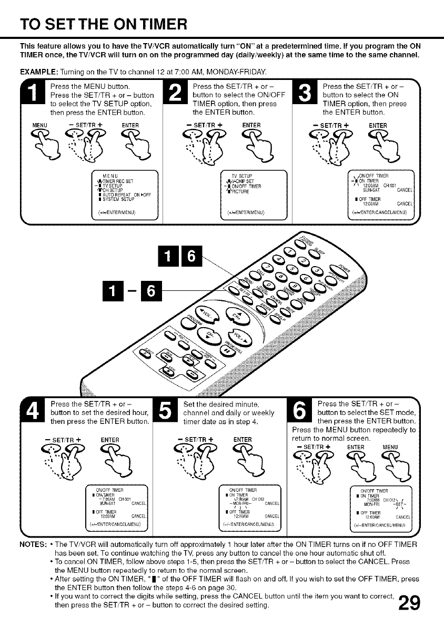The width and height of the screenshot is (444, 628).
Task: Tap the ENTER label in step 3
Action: [x=377, y=125]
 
